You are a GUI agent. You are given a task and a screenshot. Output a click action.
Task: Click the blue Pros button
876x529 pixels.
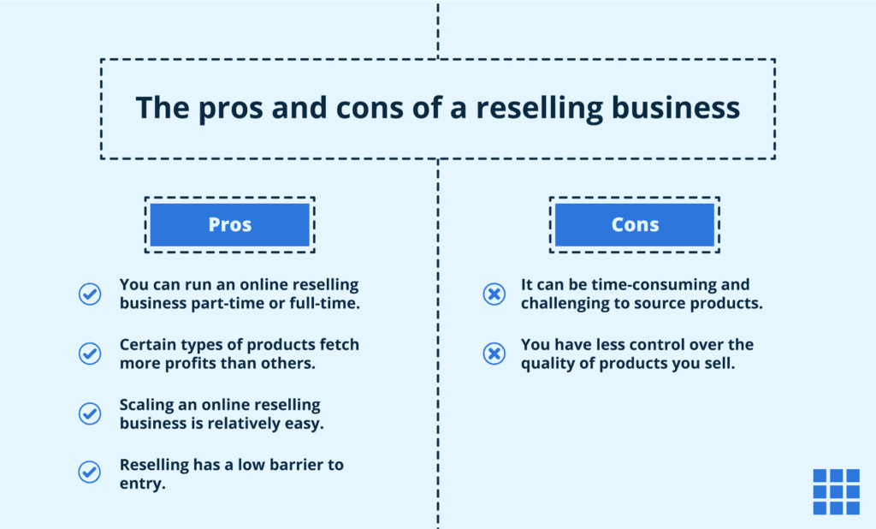point(229,225)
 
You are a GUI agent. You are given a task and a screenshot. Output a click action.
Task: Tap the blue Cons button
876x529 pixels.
point(635,225)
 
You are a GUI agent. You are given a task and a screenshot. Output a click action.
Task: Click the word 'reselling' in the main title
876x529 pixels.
point(535,108)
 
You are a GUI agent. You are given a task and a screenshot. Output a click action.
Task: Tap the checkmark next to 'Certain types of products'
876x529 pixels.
point(90,354)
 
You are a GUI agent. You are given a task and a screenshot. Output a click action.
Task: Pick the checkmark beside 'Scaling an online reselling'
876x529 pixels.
point(90,413)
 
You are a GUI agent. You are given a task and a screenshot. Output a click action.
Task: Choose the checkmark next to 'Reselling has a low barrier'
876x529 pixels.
point(90,472)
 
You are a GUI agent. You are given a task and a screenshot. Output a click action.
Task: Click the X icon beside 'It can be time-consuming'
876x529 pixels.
point(494,294)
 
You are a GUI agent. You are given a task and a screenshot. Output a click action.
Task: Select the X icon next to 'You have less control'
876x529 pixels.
point(494,354)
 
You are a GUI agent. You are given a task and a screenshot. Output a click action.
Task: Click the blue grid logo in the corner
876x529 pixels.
point(836,491)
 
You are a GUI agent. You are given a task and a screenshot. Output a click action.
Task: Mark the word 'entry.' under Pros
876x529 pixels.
point(142,484)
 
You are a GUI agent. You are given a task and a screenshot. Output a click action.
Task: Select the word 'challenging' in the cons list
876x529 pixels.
point(565,304)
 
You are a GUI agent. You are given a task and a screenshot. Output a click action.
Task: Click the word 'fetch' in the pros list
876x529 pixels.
point(338,344)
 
